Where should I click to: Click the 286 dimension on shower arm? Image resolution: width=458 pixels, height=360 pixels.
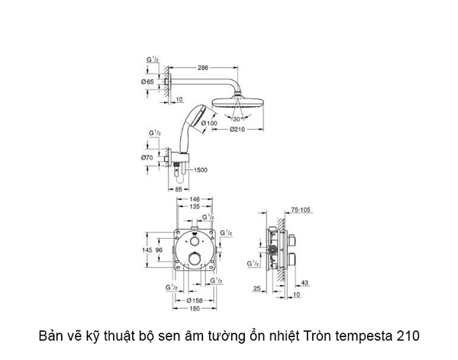(203, 68)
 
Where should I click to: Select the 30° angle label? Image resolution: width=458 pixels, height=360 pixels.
(237, 119)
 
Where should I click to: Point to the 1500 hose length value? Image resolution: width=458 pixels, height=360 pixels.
(203, 169)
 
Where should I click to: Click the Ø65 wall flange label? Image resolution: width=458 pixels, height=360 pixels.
(148, 80)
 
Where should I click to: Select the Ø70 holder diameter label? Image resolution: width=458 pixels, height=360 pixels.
(148, 158)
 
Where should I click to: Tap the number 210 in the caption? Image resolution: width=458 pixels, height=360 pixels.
(407, 336)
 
